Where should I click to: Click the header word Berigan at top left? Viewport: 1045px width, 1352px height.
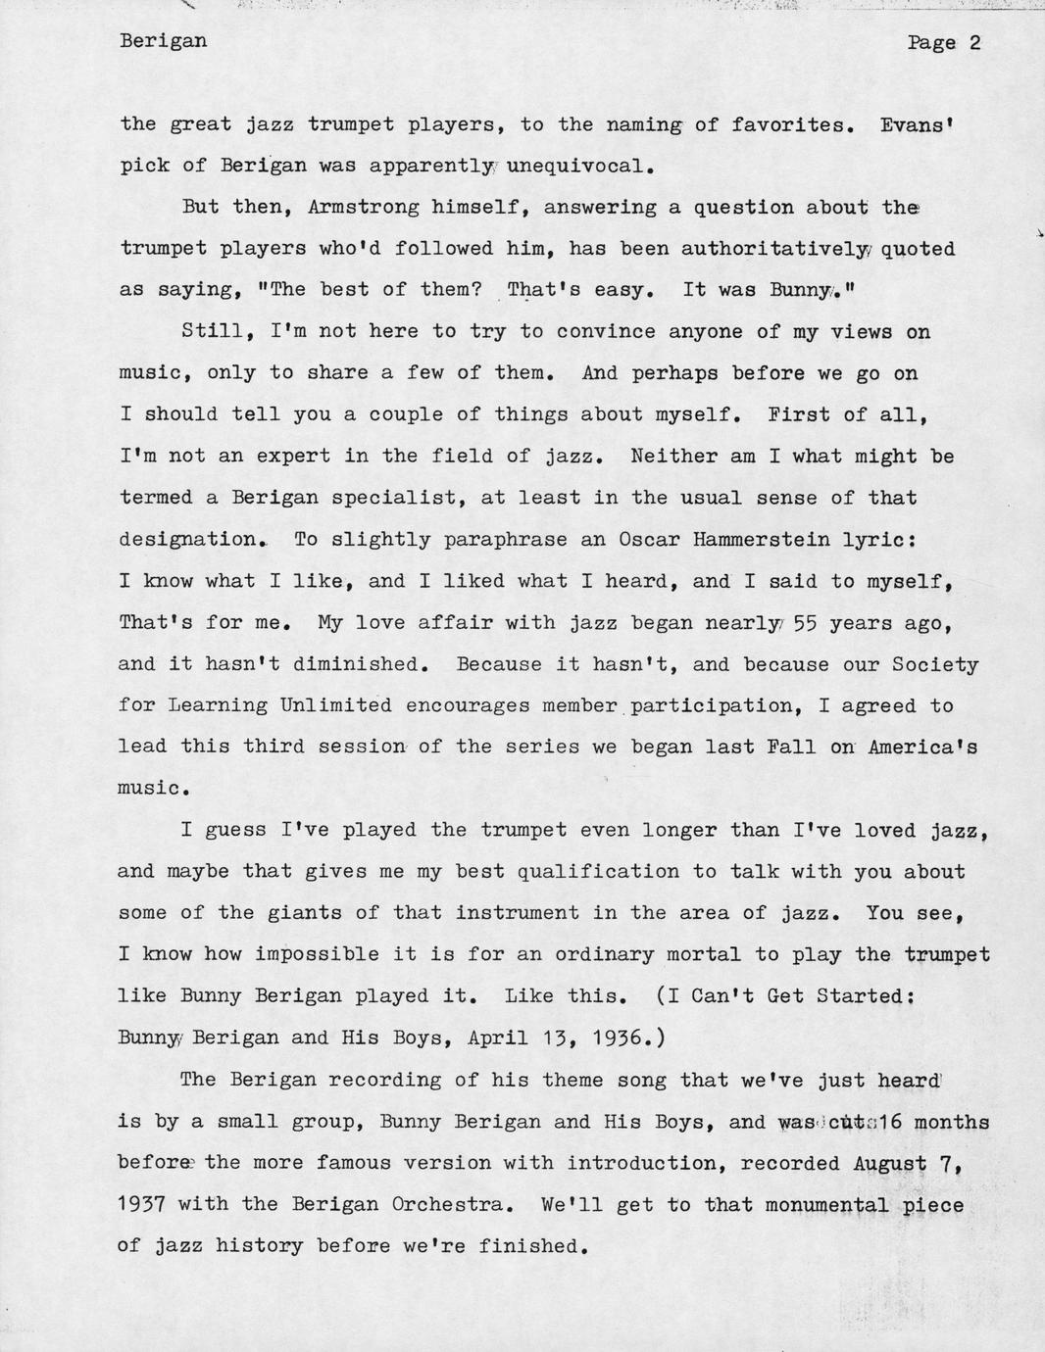[x=163, y=41]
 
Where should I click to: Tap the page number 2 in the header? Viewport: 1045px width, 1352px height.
[x=974, y=42]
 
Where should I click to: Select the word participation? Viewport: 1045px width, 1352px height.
[x=711, y=705]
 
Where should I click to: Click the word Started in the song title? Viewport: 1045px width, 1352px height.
[x=861, y=995]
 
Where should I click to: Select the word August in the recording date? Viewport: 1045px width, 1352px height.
[x=890, y=1163]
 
